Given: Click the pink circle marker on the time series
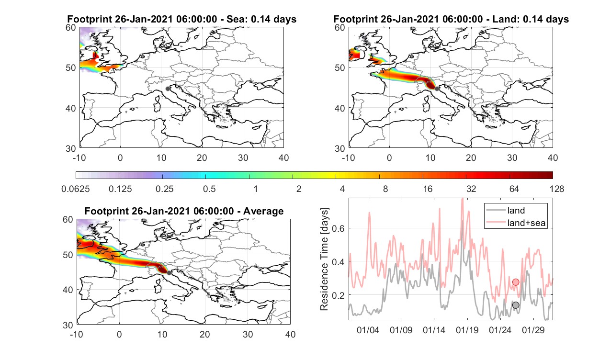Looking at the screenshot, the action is [x=516, y=282].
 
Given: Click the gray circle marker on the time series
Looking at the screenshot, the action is [x=516, y=305].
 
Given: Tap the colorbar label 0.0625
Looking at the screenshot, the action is [x=76, y=189].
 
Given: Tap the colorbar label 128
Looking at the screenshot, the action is [x=557, y=189].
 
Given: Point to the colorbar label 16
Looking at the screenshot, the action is [x=428, y=189].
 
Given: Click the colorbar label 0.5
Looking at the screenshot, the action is [x=209, y=189].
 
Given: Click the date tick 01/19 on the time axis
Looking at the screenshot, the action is [x=467, y=330].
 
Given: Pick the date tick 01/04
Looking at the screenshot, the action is [x=368, y=330].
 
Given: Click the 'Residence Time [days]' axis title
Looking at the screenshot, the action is [x=324, y=259].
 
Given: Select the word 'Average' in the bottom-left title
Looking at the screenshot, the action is [x=263, y=211].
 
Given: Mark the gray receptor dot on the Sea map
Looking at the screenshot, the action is [x=168, y=89].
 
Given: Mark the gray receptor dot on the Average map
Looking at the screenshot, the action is [x=169, y=273].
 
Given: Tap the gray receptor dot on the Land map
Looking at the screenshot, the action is [x=437, y=89].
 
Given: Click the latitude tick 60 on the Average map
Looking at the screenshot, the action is [x=68, y=220].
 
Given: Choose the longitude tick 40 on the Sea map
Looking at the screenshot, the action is [x=283, y=157].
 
